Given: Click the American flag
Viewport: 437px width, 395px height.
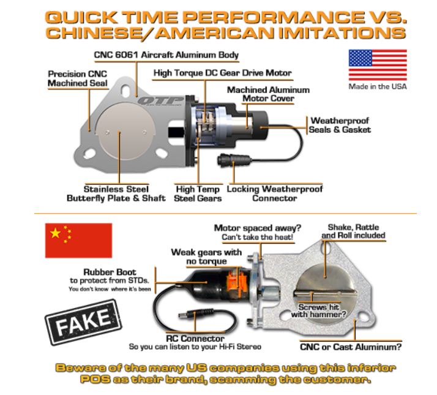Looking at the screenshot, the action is coord(378,65).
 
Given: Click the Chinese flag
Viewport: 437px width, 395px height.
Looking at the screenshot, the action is coord(78,241).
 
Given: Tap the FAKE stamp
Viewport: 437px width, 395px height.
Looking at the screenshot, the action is coord(83,323).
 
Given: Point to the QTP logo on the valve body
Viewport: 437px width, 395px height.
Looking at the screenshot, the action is coord(161,100).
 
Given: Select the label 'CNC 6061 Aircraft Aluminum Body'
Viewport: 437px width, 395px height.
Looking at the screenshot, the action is coord(166,55).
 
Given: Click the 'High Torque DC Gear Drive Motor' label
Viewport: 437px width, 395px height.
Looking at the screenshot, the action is coord(223,73).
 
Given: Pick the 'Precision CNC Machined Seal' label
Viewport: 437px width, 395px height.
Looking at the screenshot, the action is coord(78,78).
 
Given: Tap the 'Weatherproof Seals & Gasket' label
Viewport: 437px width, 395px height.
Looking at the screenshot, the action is coord(340,125).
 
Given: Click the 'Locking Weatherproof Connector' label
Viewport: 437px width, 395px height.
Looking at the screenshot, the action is coord(275,194).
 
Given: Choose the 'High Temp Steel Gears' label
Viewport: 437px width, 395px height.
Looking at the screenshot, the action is coord(198,194).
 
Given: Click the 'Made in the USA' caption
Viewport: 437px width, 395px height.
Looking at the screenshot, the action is coord(378,86).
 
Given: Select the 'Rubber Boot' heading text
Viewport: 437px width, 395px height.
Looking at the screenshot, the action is coord(110,272).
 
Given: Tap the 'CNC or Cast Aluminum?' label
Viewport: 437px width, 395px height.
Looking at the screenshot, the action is coord(351,347).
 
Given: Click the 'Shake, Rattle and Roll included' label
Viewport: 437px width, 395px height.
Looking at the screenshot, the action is coord(353,231).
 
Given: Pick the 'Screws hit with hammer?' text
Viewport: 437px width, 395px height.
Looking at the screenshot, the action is coord(318,310).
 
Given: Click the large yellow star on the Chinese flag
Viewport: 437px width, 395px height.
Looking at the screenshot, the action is coord(56,233).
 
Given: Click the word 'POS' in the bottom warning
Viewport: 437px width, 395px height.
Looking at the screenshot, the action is coord(95,379).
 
